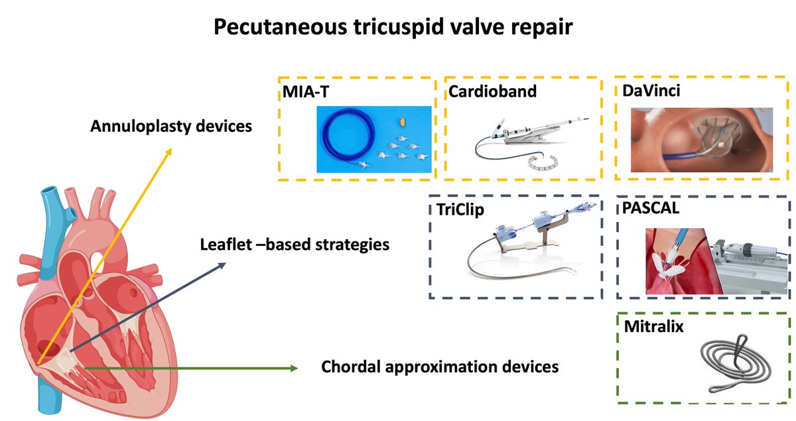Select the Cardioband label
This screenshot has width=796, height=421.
(492, 91)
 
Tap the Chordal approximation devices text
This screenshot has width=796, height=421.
(439, 366)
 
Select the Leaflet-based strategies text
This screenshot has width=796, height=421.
(295, 244)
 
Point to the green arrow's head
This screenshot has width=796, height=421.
(293, 367)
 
